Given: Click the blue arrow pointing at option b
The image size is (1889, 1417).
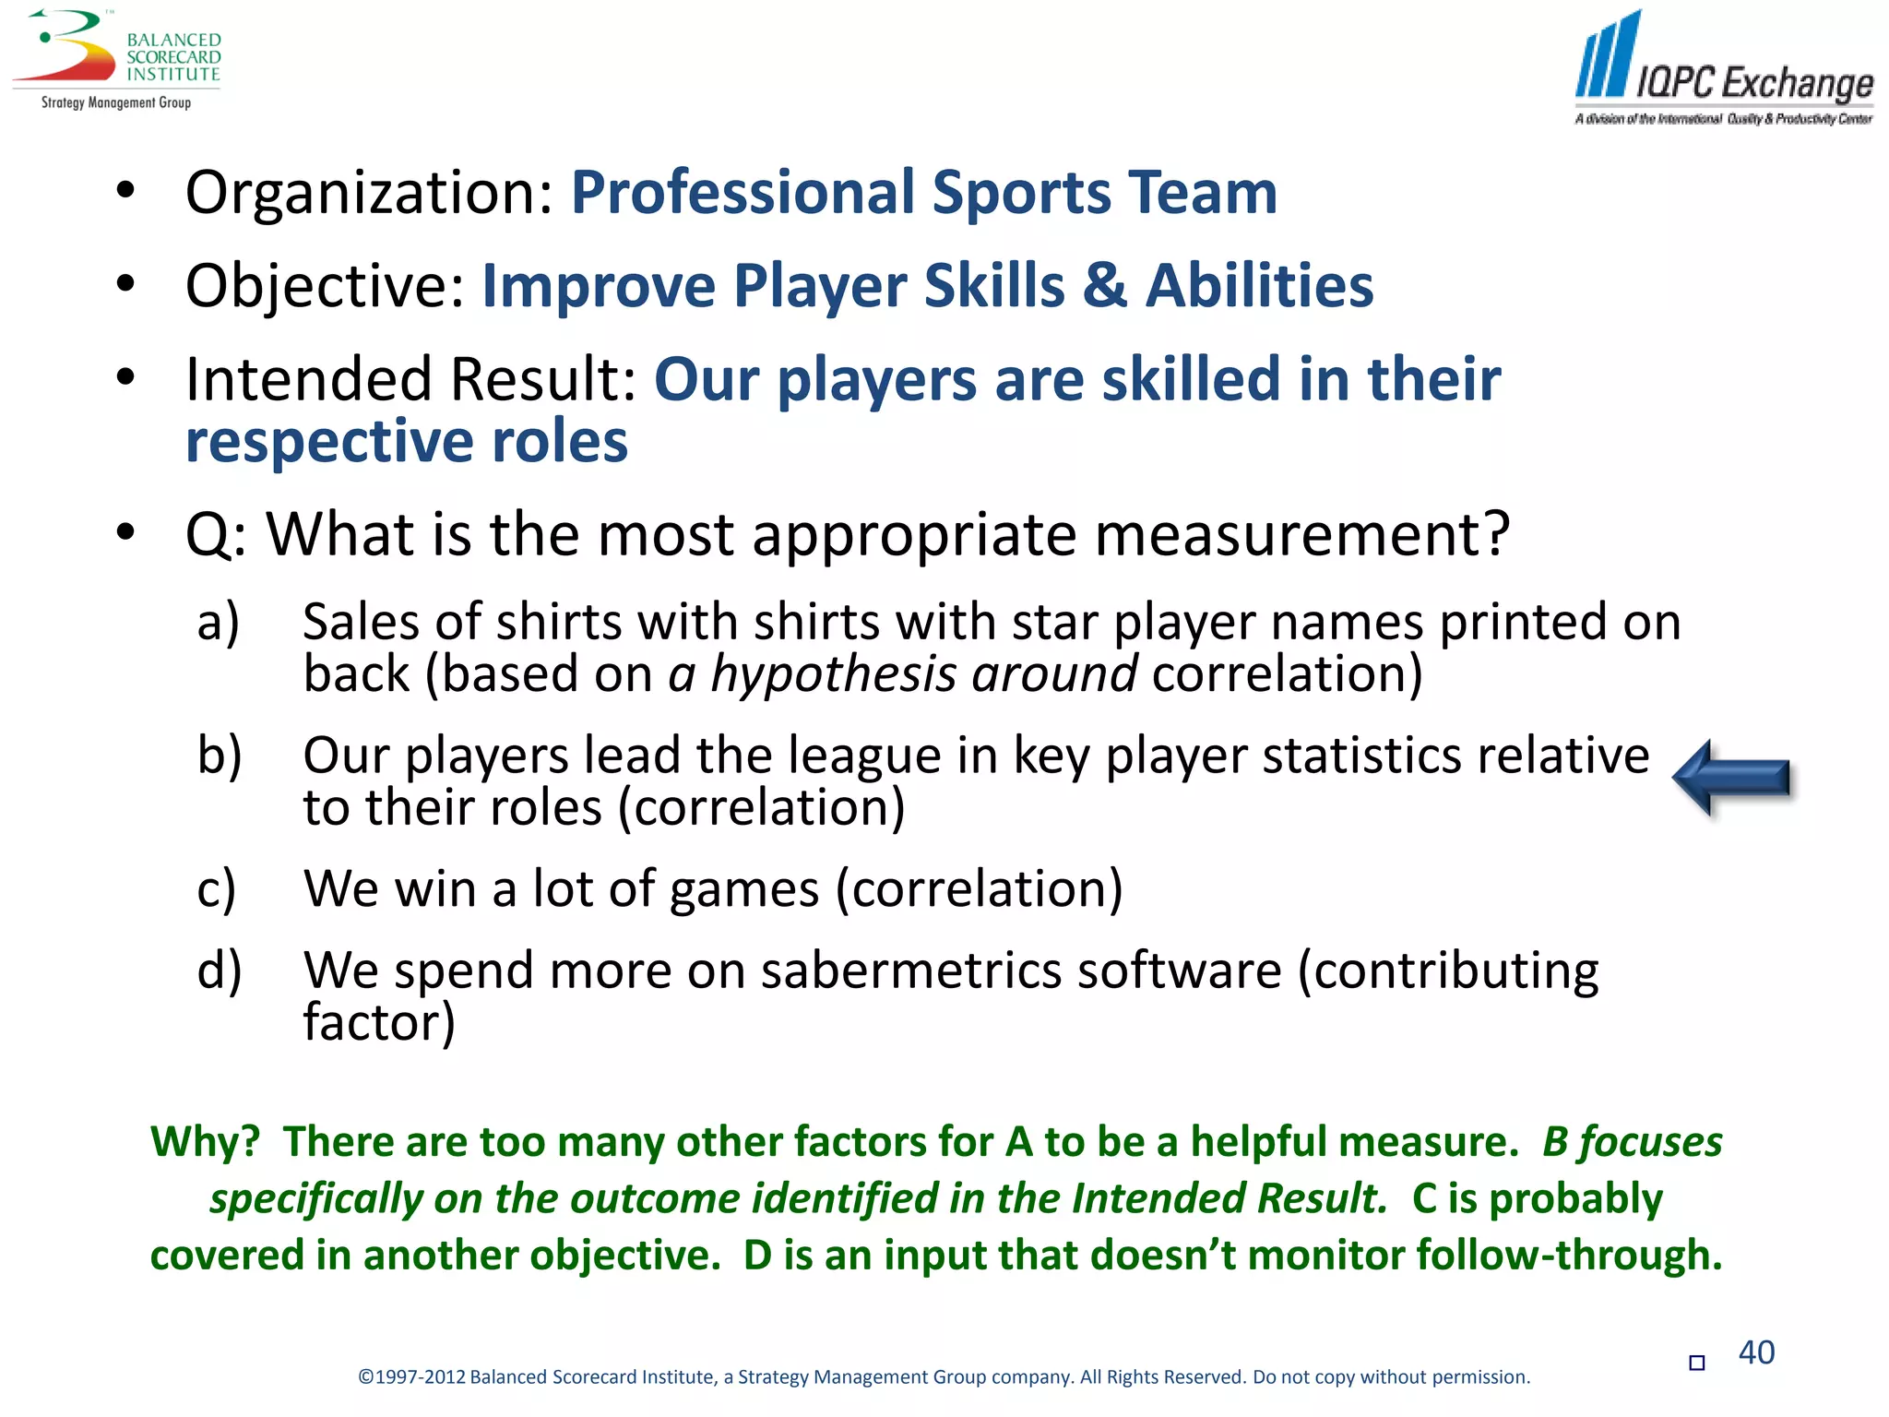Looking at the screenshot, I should coord(1731,778).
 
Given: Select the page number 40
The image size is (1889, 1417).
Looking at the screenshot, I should coord(1756,1352).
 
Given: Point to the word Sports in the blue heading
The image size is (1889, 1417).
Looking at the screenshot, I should coord(1021,193).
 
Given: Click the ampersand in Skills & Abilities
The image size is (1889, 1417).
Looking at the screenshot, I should coord(1105,285).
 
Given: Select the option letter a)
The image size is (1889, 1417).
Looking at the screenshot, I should coord(219,622).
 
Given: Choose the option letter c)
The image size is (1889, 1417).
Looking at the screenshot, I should coord(217,889).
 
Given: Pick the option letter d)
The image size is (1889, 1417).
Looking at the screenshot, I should coord(220,970).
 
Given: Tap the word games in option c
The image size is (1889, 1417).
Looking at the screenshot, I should coord(744,890).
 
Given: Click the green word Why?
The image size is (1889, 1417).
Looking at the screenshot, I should coord(205,1142).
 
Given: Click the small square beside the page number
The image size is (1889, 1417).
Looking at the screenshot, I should coord(1696,1363).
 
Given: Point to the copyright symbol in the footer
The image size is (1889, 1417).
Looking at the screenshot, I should coord(365,1377).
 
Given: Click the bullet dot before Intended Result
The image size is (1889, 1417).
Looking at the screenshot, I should coord(126,376).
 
